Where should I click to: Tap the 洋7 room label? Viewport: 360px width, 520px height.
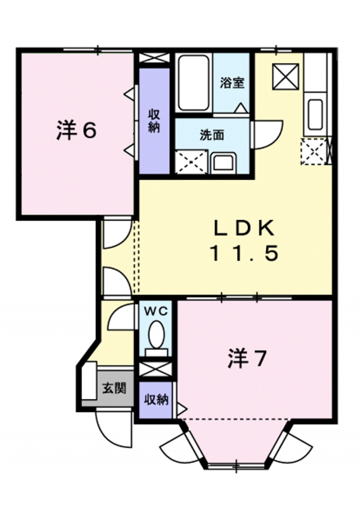click(246, 358)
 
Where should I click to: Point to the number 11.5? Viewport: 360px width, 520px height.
click(244, 254)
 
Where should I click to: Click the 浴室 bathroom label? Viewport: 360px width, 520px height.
click(232, 83)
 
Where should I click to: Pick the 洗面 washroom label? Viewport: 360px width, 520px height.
click(212, 135)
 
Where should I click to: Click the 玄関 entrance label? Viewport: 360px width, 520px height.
click(114, 389)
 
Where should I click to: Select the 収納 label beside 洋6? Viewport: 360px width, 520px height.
click(154, 119)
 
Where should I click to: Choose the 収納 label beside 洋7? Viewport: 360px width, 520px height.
click(156, 400)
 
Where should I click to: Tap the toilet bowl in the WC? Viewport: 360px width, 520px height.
click(156, 336)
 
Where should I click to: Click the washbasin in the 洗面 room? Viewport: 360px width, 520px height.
click(225, 162)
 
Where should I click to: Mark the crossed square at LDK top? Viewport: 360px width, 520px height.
click(286, 75)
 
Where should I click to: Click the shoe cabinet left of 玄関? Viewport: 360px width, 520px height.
click(88, 385)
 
